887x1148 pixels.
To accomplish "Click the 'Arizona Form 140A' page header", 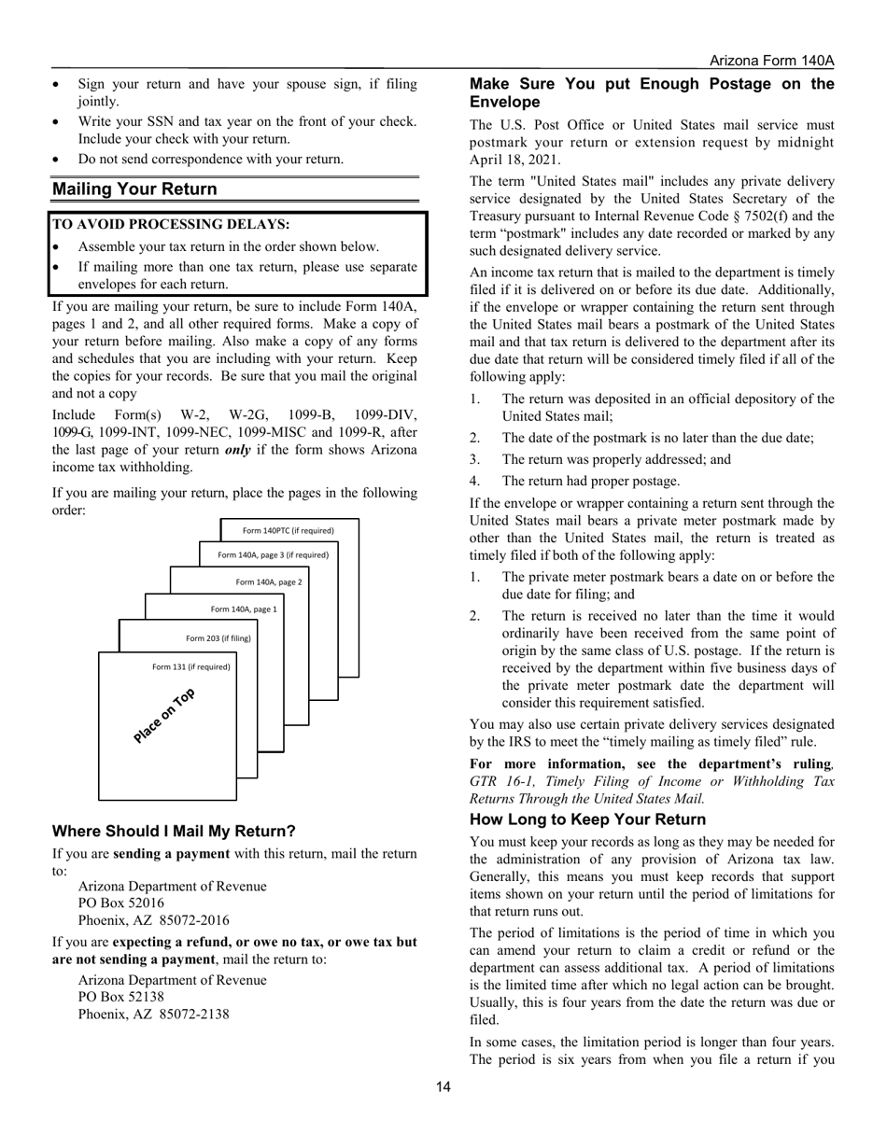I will click(771, 61).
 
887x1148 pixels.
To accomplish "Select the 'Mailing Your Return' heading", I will click(134, 189).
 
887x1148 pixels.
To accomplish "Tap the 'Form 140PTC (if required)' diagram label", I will click(288, 530).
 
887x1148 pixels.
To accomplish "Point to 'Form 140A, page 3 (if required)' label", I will click(273, 554).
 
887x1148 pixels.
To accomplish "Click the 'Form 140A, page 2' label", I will click(269, 581).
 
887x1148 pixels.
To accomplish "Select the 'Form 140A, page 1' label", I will click(244, 609).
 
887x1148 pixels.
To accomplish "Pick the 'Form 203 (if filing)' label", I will click(218, 638).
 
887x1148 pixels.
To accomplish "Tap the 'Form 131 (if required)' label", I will click(190, 666).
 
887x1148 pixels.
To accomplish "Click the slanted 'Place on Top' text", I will click(164, 716).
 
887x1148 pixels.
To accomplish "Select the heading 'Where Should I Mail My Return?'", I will click(174, 831).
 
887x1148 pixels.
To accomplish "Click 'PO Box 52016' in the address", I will click(121, 903).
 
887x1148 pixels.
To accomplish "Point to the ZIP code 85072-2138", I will click(194, 1015).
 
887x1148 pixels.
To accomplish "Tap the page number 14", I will click(443, 1086).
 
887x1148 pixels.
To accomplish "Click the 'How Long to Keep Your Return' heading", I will click(587, 819).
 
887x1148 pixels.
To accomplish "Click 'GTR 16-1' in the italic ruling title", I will click(498, 781).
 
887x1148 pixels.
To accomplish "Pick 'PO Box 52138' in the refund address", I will click(121, 997).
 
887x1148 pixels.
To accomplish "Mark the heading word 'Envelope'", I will click(504, 102).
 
